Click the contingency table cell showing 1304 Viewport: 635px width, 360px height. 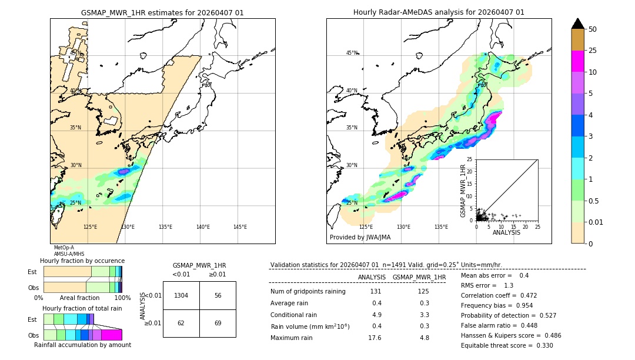[x=181, y=295]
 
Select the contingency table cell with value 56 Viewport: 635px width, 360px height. [x=218, y=295]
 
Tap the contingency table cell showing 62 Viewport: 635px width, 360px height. [x=181, y=323]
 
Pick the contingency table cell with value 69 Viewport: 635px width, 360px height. [x=218, y=323]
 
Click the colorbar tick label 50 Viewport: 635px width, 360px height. [x=593, y=29]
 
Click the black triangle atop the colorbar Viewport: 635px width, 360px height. [x=577, y=24]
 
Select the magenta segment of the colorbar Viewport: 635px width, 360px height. [x=577, y=61]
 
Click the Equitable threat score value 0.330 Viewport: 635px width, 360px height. [x=541, y=345]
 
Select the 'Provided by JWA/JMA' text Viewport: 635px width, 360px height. [x=360, y=237]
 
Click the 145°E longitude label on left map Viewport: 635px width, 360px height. [x=240, y=227]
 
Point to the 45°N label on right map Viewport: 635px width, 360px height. [x=352, y=53]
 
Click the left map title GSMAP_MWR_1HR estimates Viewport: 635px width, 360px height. [x=162, y=12]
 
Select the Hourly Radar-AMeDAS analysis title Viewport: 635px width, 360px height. [x=439, y=12]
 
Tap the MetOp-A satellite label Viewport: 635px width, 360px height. [x=63, y=248]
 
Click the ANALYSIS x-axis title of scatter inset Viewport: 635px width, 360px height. [x=506, y=233]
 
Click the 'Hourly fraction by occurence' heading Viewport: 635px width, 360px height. [x=82, y=261]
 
